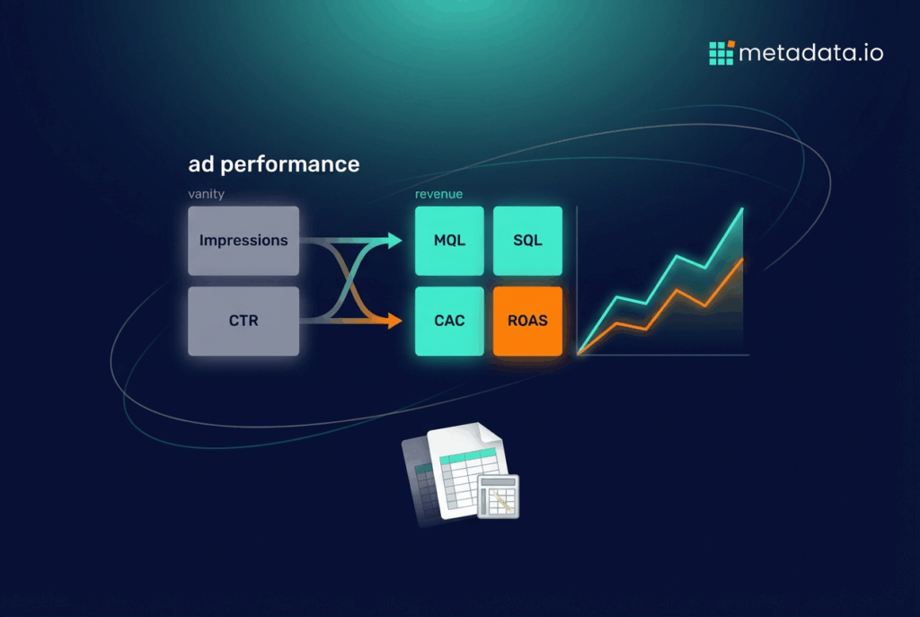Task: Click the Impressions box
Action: tap(243, 241)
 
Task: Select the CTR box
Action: tap(243, 321)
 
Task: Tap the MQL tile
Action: tap(449, 241)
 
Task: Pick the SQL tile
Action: tap(527, 241)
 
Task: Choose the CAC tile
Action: tap(449, 321)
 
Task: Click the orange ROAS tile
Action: tap(527, 321)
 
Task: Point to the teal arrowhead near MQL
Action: tap(394, 240)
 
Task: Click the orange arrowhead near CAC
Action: tap(394, 321)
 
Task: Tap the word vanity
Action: tap(206, 194)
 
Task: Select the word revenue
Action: tap(438, 194)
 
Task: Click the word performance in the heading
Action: tap(290, 165)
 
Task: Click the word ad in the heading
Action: tap(201, 164)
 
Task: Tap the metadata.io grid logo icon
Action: tap(721, 53)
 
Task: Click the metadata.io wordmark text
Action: tap(811, 53)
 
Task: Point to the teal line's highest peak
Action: tap(742, 208)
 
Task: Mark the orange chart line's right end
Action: tap(743, 259)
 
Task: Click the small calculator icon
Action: tap(498, 496)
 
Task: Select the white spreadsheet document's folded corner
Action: tap(490, 434)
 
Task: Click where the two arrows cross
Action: tap(351, 280)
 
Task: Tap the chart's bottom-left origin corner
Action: tap(578, 354)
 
